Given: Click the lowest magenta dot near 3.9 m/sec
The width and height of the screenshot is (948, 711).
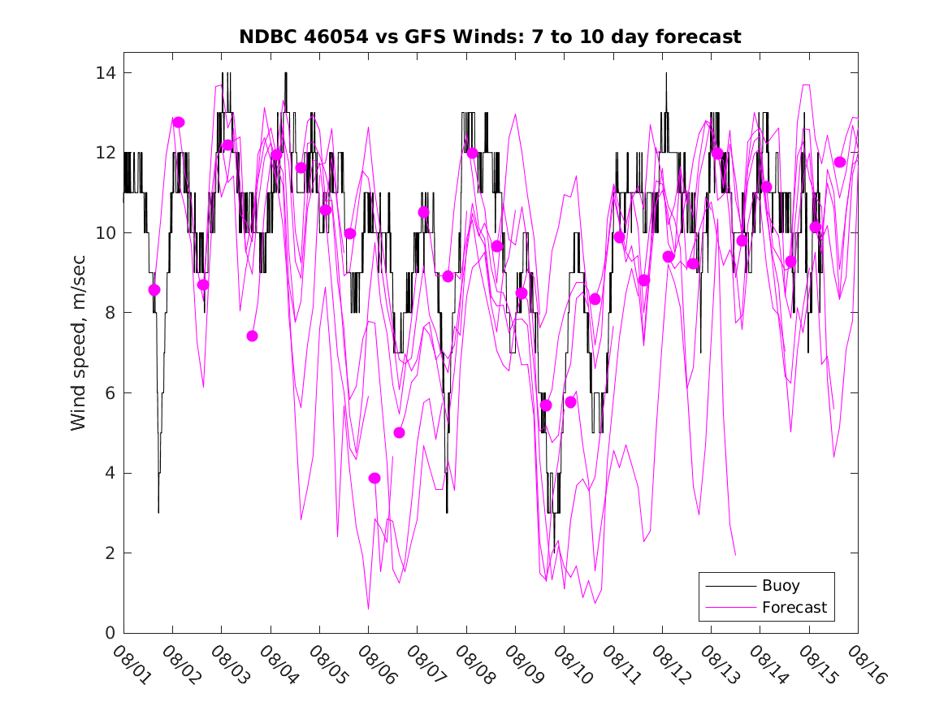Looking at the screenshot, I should pos(374,479).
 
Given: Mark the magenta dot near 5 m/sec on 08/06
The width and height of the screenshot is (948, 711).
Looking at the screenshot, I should pos(399,433).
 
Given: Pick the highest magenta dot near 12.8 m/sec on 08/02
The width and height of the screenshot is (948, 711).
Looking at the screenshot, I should pos(179,123).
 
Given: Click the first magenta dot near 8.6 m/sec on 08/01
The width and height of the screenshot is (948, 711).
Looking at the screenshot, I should pos(154,290).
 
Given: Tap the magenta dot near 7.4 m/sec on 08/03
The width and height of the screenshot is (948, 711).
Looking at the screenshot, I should pos(252,336).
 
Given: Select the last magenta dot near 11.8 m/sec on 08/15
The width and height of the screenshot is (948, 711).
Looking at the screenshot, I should pos(840,163).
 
